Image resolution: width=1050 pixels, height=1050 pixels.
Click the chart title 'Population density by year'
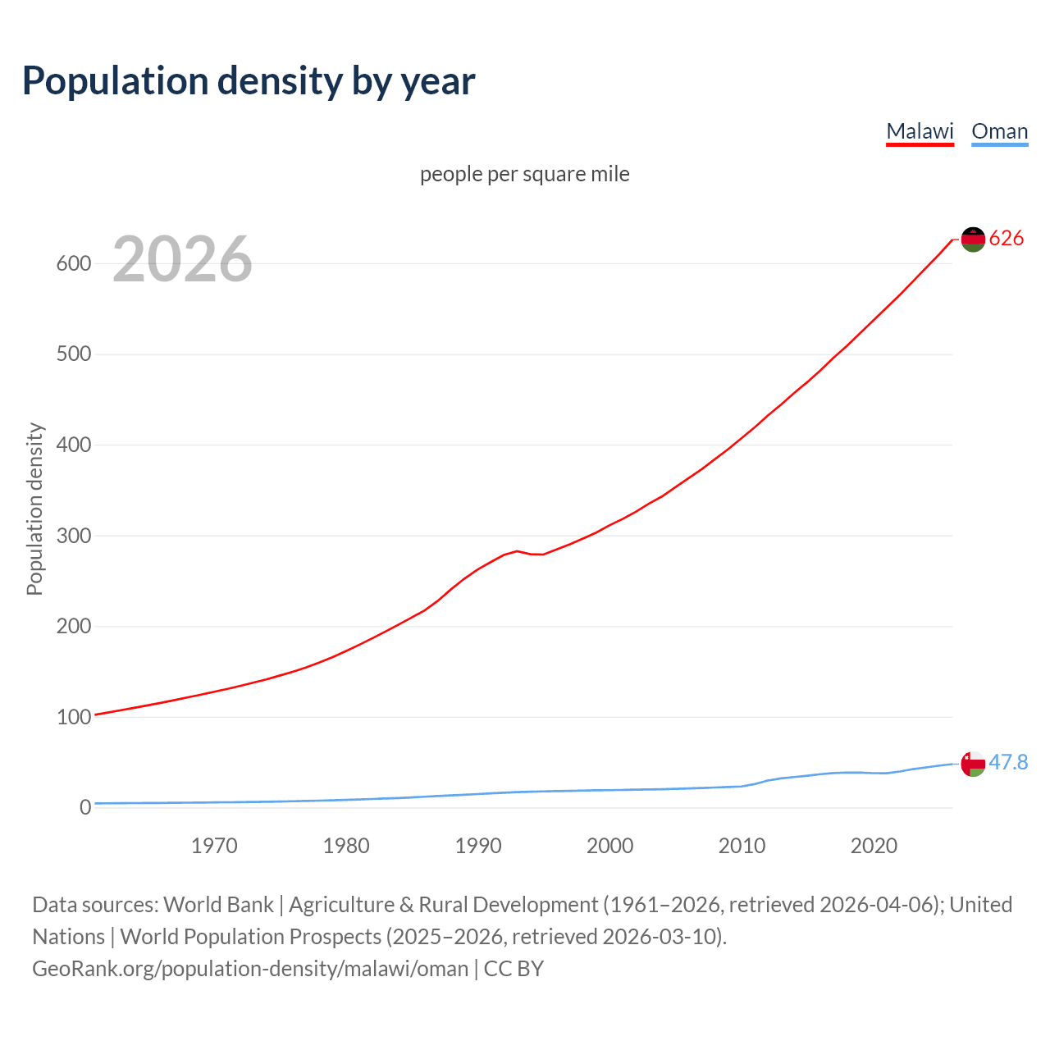pos(249,81)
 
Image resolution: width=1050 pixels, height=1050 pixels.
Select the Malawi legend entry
pos(920,131)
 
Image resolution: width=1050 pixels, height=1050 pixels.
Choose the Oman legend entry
pos(999,131)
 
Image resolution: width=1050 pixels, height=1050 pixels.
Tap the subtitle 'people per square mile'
pos(524,174)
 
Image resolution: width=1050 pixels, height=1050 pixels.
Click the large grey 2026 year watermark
pos(182,259)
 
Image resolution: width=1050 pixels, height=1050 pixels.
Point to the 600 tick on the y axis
pos(73,263)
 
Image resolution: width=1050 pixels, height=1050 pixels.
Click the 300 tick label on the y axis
pos(73,536)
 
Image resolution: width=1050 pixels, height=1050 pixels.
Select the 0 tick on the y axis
pos(85,807)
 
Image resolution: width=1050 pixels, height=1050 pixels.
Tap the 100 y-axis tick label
pos(73,717)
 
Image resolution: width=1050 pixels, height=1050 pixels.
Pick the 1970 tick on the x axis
pos(214,846)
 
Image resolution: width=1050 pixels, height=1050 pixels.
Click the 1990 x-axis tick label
pos(478,846)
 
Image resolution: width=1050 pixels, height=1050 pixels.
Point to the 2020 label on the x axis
pos(874,846)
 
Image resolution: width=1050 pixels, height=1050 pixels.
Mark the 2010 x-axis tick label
pos(742,846)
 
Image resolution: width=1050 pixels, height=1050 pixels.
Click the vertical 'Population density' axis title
pos(34,509)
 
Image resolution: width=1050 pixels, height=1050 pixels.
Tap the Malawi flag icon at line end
pos(973,240)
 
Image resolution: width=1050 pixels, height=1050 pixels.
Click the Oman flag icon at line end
pos(973,764)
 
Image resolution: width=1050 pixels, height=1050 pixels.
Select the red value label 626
pos(1007,239)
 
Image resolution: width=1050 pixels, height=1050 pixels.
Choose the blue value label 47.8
pos(1008,763)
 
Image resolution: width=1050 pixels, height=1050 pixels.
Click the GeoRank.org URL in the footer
pos(250,969)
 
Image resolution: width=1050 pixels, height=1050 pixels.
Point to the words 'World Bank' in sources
pos(218,905)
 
